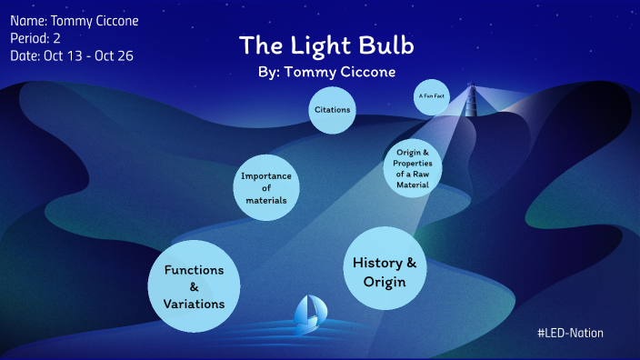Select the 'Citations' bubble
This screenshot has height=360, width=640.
[x=332, y=110]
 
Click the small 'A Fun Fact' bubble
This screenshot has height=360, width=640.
[x=433, y=96]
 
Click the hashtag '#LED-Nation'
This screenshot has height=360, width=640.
[x=570, y=334]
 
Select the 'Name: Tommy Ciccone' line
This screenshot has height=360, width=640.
[x=75, y=21]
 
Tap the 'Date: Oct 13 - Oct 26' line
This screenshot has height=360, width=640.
[x=73, y=55]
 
